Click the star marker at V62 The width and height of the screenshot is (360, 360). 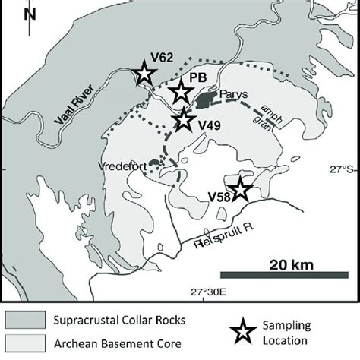[144, 74]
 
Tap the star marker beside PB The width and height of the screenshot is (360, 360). [181, 92]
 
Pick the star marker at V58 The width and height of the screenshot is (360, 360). [240, 189]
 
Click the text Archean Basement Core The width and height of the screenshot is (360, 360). [122, 341]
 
